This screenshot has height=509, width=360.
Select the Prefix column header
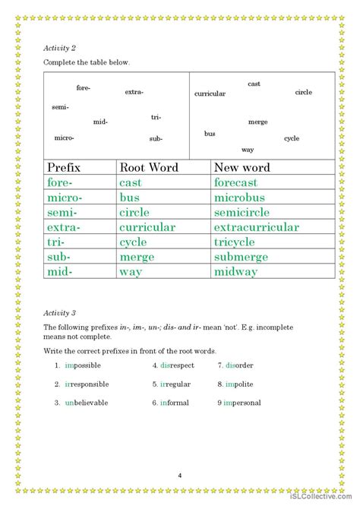click(64, 168)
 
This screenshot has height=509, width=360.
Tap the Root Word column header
click(149, 168)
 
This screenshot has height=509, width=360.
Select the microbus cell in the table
click(240, 198)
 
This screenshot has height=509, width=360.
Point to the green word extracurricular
click(256, 227)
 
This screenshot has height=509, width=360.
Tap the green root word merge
click(137, 257)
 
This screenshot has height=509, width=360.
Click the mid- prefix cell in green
click(63, 271)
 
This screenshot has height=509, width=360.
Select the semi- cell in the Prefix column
click(65, 212)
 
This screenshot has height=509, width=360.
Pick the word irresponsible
click(87, 384)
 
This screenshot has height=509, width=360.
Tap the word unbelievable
click(87, 403)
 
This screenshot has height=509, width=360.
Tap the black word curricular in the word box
click(210, 94)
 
